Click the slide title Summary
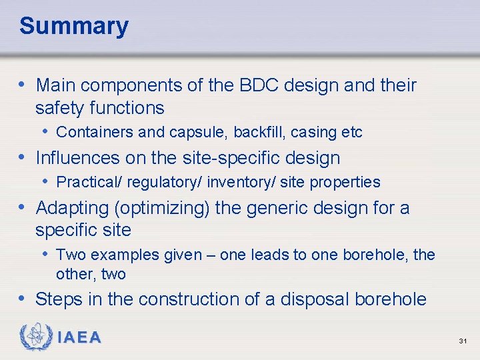coord(74,27)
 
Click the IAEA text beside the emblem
coord(79,338)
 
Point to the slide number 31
coord(463,341)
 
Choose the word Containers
coord(95,132)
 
